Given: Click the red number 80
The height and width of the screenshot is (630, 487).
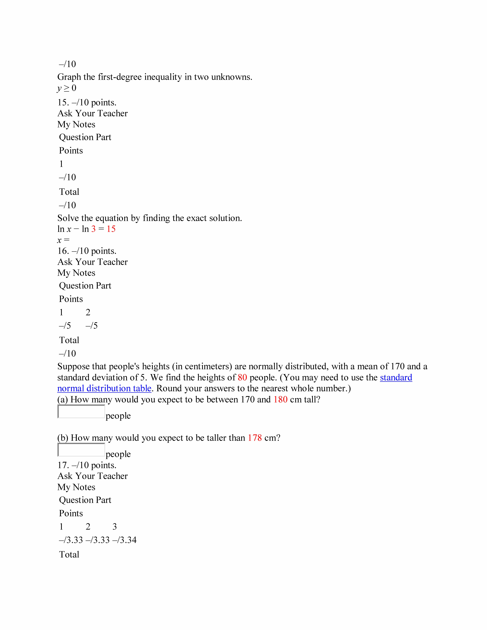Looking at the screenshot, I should coord(242,378).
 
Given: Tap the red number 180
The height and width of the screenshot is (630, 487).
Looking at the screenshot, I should coord(280,400).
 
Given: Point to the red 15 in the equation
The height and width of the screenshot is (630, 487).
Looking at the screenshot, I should coord(111,229).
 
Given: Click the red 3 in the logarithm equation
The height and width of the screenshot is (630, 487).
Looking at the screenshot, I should coord(93,229).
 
